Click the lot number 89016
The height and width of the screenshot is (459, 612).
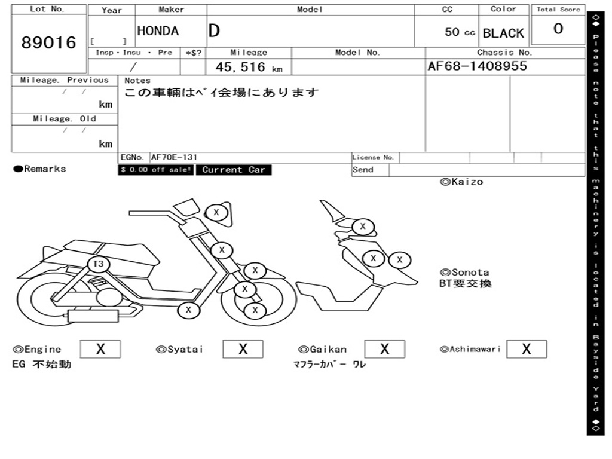pos(49,42)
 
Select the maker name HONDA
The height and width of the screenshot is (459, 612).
pos(158,31)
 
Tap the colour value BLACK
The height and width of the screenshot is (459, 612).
pos(503,33)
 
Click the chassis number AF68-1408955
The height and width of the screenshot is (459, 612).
pos(478,66)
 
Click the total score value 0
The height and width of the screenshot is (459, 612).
pos(558,29)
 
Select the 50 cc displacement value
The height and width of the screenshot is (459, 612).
pos(460,32)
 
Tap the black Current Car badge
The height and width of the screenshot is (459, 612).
pos(233,170)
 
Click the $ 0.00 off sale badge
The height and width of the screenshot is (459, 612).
pos(156,170)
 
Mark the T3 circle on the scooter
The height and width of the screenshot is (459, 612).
pos(99,264)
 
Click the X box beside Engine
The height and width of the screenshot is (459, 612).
pos(100,349)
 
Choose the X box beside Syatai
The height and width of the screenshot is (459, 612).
pos(243,349)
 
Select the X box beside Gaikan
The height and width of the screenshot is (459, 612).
pos(384,349)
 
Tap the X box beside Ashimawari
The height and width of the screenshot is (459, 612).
pos(526,349)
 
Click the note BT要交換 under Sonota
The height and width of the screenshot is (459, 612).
pos(466,283)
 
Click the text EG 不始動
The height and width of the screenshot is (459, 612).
pos(42,363)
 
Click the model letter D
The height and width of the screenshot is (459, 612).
pos(214,31)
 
